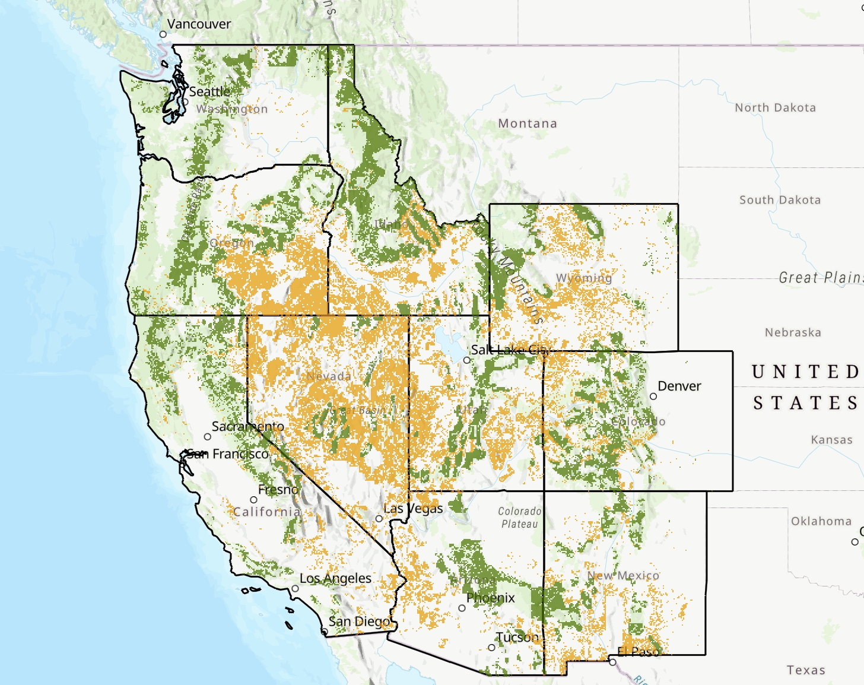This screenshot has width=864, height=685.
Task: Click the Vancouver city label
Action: tap(199, 24)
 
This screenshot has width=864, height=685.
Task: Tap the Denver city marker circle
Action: tap(653, 397)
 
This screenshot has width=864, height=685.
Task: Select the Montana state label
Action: tap(528, 123)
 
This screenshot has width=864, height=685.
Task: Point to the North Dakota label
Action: tap(775, 107)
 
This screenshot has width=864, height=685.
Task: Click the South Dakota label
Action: tap(780, 200)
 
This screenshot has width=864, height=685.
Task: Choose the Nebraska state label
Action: tap(793, 332)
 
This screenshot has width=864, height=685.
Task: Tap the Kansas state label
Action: tap(831, 440)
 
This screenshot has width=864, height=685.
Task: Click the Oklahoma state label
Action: tap(821, 521)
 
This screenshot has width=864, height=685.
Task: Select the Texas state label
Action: tap(806, 670)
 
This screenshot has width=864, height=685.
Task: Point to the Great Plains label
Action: tap(821, 277)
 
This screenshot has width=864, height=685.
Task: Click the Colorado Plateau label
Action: tap(519, 518)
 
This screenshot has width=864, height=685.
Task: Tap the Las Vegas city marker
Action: tap(379, 519)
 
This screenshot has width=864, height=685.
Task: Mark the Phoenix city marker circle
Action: tap(462, 608)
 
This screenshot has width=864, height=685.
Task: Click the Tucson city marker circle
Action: tap(491, 648)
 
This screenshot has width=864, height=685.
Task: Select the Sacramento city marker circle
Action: tap(208, 437)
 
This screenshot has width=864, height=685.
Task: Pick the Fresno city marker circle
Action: tap(253, 500)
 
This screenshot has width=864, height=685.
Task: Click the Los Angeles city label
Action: tap(335, 578)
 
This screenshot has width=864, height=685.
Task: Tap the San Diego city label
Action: tap(360, 621)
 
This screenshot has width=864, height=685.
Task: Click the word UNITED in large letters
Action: tap(805, 372)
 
